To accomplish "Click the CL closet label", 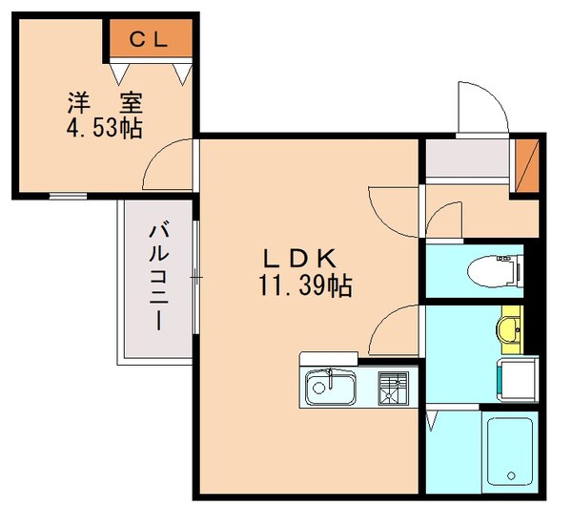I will tap(149, 39).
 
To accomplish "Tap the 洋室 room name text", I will tap(104, 100).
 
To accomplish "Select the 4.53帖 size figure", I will tap(104, 128).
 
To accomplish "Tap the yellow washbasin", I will tap(508, 329).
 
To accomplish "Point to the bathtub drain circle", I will tap(512, 475).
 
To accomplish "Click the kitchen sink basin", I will tap(331, 389).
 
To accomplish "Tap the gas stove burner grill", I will tap(391, 389).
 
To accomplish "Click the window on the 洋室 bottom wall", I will tap(67, 197).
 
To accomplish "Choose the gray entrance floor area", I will tap(467, 159).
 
